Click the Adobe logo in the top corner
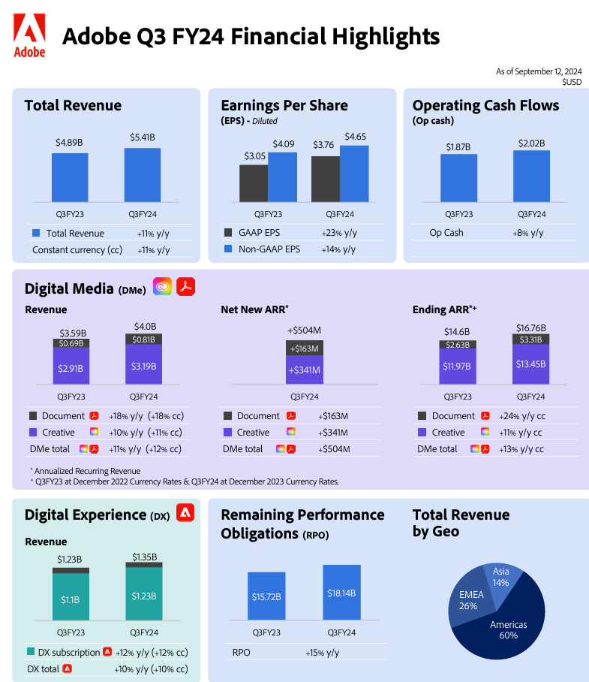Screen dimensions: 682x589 (29, 35)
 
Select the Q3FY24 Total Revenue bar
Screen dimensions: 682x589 (143, 174)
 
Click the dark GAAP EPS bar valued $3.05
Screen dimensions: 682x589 (254, 183)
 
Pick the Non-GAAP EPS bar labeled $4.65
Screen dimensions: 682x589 (354, 173)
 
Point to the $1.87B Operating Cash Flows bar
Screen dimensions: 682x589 (458, 178)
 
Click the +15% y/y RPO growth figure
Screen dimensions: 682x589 (322, 652)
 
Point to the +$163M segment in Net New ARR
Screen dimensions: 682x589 (303, 349)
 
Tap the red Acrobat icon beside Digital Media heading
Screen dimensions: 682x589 (185, 286)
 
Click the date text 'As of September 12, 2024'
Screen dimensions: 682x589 (538, 71)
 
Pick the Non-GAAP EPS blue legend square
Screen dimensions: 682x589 (228, 249)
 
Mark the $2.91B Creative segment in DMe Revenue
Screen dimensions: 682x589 (71, 367)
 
